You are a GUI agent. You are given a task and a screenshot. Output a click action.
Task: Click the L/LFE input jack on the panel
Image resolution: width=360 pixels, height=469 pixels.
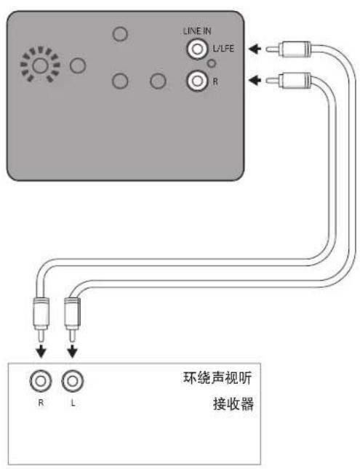pos(196,49)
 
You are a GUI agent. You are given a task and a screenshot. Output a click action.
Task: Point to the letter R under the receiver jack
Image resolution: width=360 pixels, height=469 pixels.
pos(41,401)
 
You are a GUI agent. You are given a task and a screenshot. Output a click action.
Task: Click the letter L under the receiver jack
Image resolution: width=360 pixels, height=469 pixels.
pos(71,401)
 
